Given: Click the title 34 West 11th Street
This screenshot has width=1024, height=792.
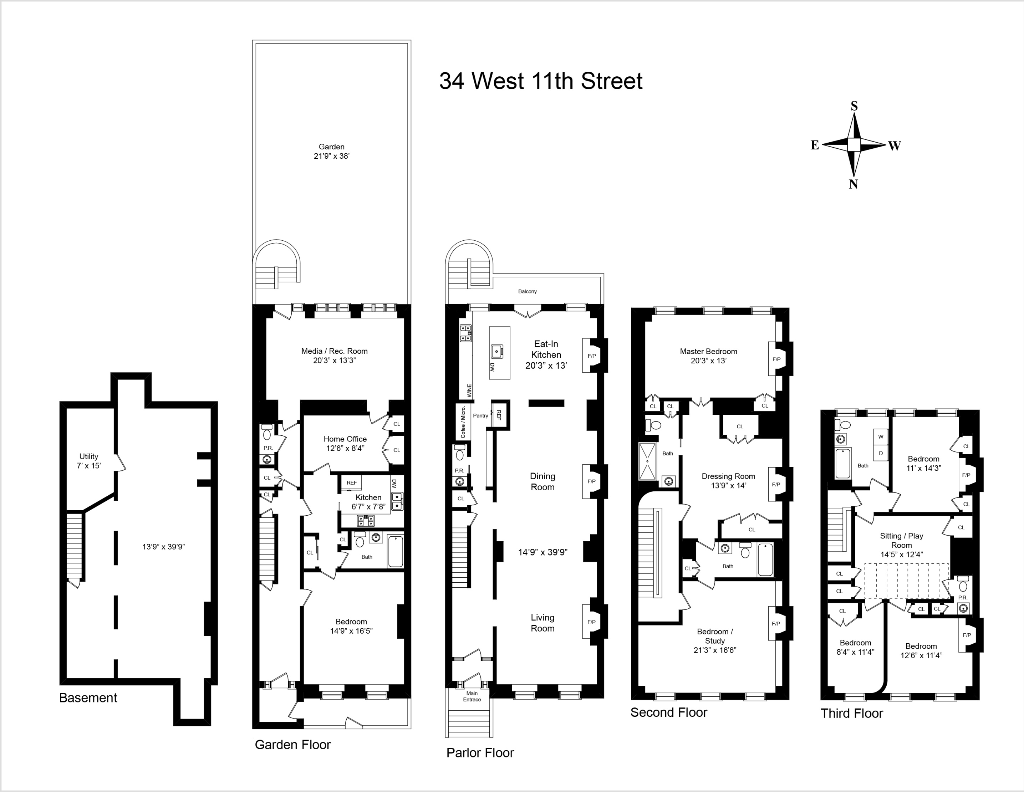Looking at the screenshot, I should coord(541,81).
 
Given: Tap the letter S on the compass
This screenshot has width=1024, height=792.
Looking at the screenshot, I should coord(854,106).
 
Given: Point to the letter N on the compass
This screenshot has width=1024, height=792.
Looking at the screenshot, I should coord(853,184).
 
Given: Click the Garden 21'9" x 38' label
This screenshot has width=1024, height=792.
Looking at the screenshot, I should coord(331,151).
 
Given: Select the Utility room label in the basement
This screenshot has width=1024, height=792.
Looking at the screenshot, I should coord(88,461).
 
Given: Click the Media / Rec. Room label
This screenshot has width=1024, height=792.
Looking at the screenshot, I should coord(334,356).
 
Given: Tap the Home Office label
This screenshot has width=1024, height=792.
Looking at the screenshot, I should coord(345,443).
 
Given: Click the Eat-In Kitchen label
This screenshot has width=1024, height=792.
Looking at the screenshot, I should coord(546,354).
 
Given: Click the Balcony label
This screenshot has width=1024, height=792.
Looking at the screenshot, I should coord(528,291).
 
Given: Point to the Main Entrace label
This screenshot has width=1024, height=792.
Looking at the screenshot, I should coord(472,696).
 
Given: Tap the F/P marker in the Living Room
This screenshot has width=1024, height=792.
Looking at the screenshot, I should coord(591,622).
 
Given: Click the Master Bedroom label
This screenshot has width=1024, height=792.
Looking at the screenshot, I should coord(708,356).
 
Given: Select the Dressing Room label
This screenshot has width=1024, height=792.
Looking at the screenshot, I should coord(728,481).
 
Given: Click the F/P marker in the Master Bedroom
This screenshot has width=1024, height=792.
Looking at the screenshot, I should coord(776,359).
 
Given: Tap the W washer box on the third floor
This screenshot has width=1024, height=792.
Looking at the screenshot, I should coord(881,437).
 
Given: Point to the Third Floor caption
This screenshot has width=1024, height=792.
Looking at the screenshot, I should coord(851,713).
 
